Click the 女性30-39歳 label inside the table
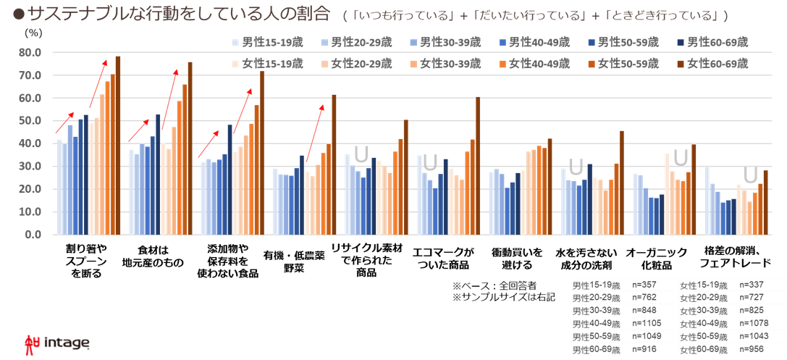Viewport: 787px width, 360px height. [x=707, y=310]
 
